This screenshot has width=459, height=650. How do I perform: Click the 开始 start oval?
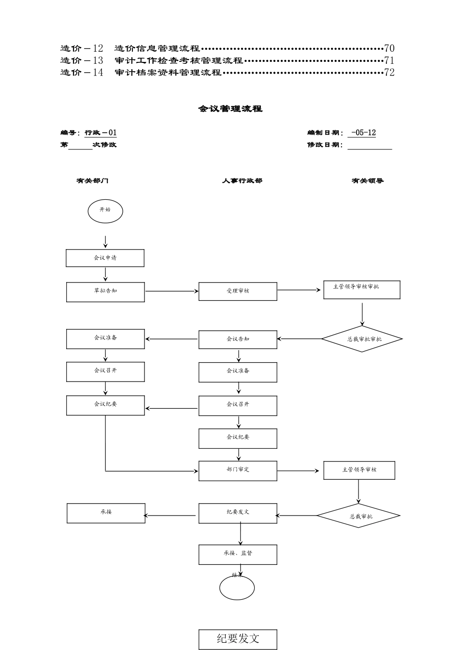pyautogui.click(x=105, y=211)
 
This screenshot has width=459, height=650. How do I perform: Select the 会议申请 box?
pyautogui.click(x=105, y=258)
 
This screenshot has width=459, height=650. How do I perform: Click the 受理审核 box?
pyautogui.click(x=238, y=292)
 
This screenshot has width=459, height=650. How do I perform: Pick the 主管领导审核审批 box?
pyautogui.click(x=361, y=289)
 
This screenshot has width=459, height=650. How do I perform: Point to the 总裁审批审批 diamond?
pyautogui.click(x=362, y=339)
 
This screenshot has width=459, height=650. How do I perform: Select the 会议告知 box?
pyautogui.click(x=238, y=340)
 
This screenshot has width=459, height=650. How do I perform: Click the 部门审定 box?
pyautogui.click(x=238, y=471)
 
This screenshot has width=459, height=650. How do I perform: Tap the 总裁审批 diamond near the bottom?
pyautogui.click(x=359, y=516)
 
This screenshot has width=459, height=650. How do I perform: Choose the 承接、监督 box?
pyautogui.click(x=238, y=554)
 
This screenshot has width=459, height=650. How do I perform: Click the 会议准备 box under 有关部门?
pyautogui.click(x=105, y=339)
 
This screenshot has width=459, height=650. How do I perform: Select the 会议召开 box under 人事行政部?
pyautogui.click(x=238, y=405)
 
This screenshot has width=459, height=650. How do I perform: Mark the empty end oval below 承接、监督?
pyautogui.click(x=237, y=588)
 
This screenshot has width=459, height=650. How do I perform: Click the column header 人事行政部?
pyautogui.click(x=242, y=181)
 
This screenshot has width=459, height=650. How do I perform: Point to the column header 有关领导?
pyautogui.click(x=368, y=181)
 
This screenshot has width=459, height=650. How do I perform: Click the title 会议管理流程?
pyautogui.click(x=230, y=109)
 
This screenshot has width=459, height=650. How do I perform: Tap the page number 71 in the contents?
pyautogui.click(x=389, y=60)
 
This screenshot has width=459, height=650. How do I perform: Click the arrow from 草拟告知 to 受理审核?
pyautogui.click(x=172, y=292)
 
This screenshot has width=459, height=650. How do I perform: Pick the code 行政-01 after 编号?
pyautogui.click(x=100, y=133)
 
